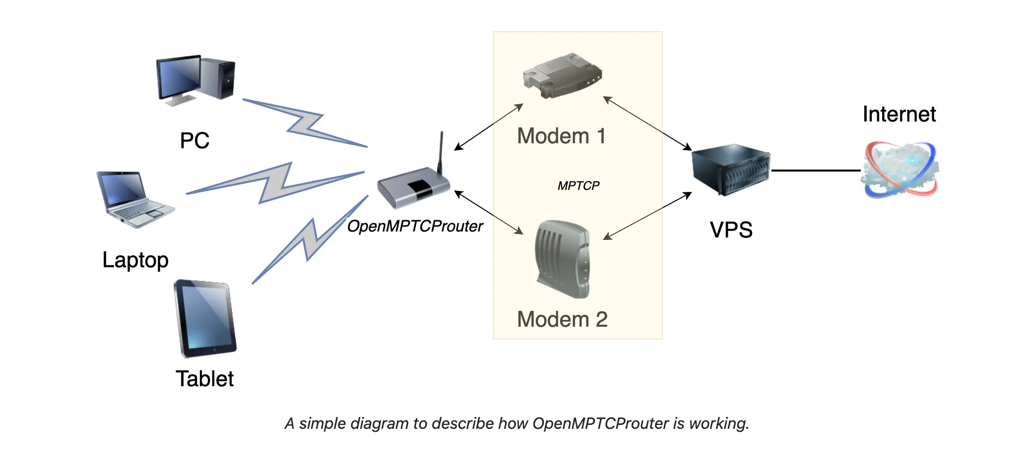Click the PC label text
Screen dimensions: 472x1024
point(194,141)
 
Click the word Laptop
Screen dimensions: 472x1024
point(135,260)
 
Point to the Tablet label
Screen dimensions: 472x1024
point(204,379)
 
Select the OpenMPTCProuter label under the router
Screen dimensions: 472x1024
point(415,227)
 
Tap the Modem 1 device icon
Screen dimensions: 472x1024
point(562,75)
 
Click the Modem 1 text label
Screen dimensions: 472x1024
point(561,136)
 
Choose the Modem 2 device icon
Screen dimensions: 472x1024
point(563,259)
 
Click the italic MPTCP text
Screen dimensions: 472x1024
point(578,186)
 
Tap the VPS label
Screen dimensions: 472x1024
point(731,230)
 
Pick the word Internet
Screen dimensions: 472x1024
point(899,115)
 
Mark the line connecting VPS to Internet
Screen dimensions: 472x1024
point(816,171)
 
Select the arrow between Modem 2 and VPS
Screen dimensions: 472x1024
point(647,216)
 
